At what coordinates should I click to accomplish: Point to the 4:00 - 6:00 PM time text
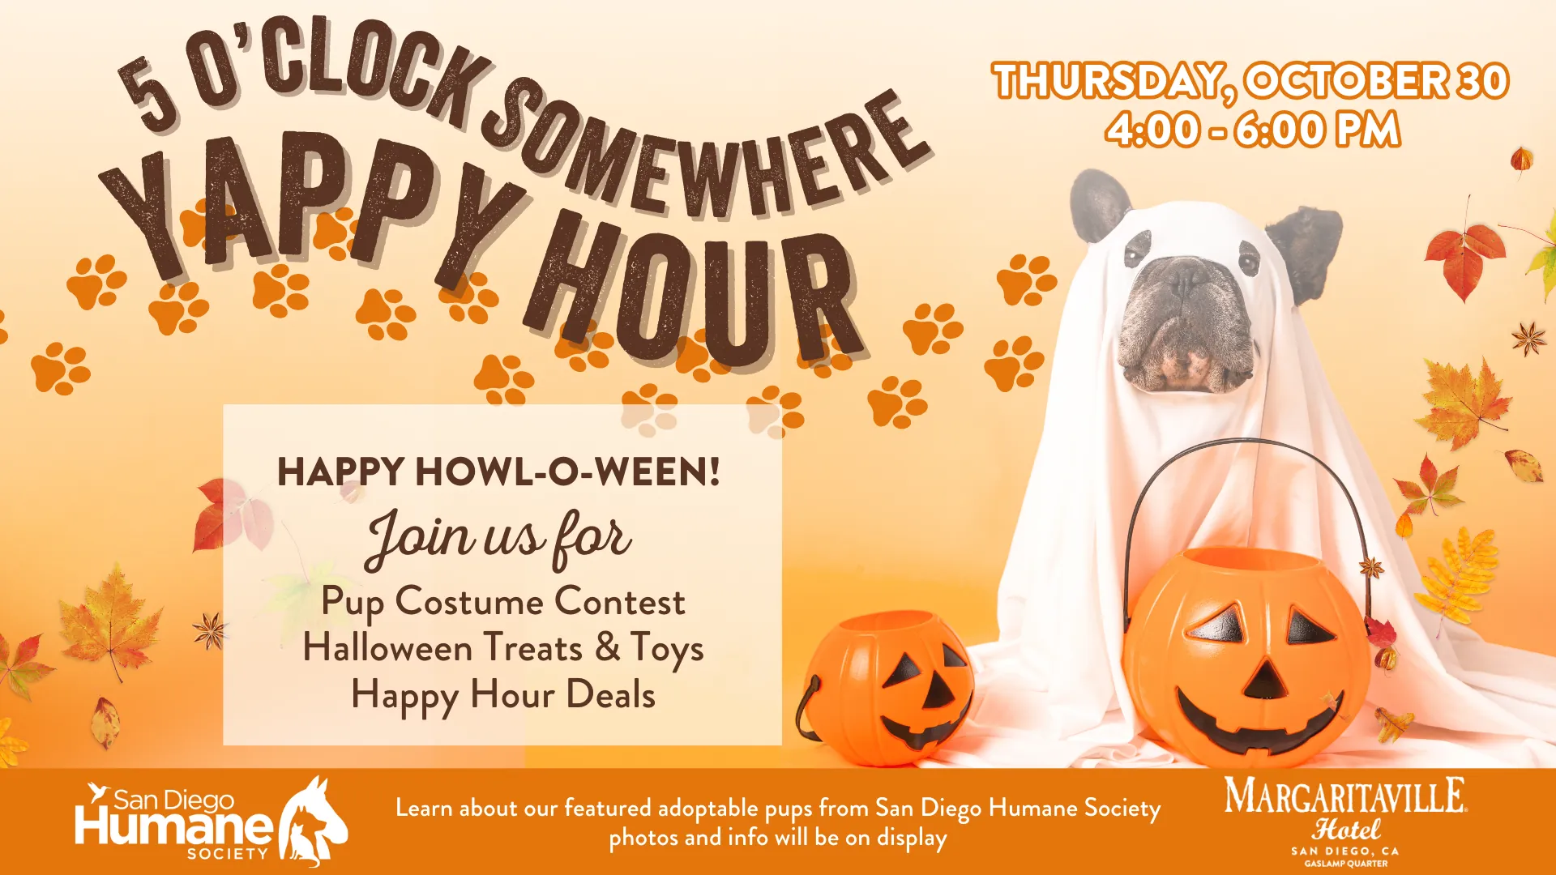1253,130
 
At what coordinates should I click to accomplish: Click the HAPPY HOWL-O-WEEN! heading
498,472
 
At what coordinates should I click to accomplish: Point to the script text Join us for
498,539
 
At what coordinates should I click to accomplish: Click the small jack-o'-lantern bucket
887,689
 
